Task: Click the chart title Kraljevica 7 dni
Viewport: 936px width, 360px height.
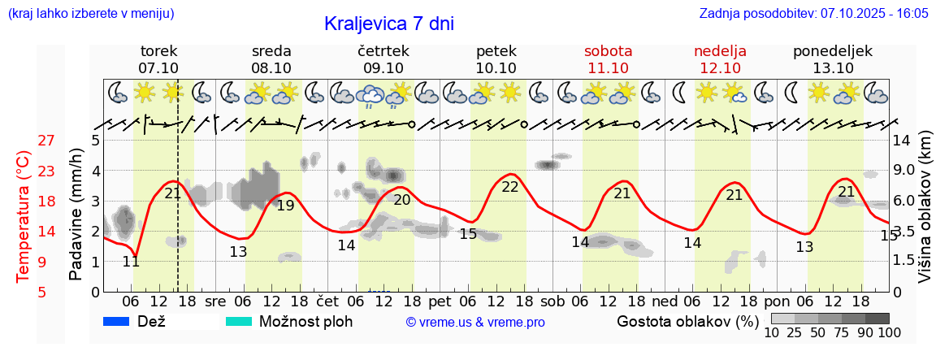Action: coord(388,24)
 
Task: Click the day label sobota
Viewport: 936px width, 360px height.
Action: coord(608,51)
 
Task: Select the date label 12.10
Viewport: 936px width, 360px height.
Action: coord(720,68)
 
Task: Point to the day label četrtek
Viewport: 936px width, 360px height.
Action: coord(383,51)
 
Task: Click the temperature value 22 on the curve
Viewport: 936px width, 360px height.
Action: coord(510,187)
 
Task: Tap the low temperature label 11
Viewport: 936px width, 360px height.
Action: coord(131,262)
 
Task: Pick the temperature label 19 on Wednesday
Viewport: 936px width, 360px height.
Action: coord(285,206)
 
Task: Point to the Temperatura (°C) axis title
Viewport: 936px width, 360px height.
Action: coord(24,216)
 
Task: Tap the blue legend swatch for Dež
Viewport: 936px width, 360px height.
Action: coord(118,322)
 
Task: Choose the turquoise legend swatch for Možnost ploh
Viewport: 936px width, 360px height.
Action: coord(239,322)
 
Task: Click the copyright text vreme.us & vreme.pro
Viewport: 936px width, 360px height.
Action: coord(475,323)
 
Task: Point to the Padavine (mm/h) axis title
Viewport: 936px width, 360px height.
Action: coord(76,215)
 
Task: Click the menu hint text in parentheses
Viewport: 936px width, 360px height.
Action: coord(90,14)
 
